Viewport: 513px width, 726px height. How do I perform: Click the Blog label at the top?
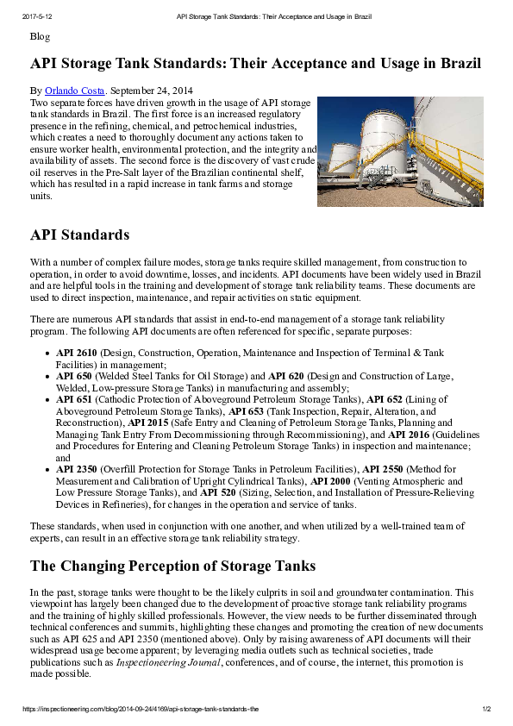40,36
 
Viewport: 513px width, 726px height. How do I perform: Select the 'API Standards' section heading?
79,235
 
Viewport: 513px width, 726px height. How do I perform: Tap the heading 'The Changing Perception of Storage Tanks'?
172,566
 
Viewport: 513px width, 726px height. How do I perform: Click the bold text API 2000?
330,481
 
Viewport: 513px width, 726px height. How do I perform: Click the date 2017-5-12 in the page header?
36,16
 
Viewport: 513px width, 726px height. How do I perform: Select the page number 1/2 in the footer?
485,709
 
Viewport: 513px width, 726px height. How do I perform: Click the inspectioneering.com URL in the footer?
139,709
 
